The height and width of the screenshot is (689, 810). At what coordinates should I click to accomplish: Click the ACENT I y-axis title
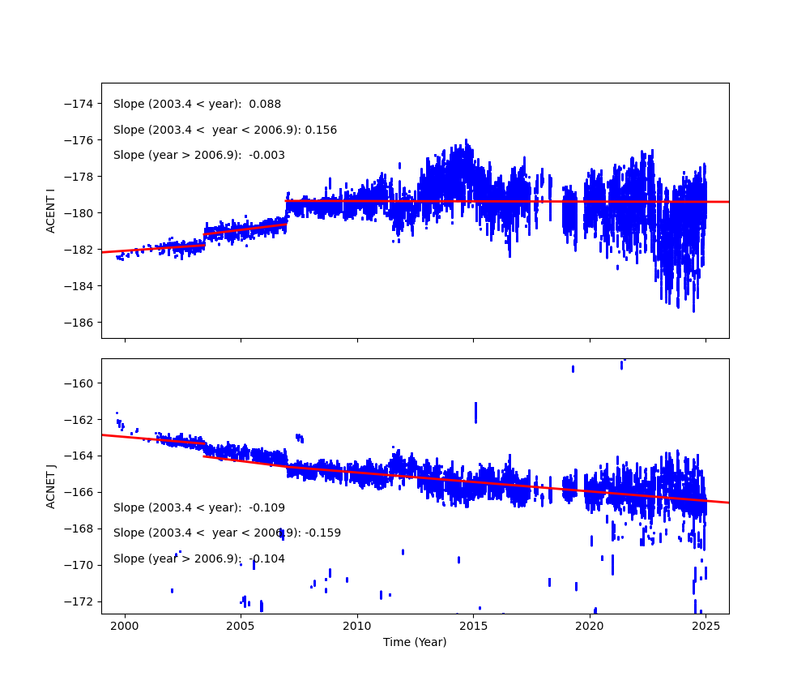coord(50,211)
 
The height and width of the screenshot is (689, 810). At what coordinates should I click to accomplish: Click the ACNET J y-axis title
coord(50,486)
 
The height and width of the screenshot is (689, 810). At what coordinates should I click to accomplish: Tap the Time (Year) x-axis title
coord(415,642)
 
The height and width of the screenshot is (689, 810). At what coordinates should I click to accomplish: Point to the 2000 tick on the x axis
coord(125,626)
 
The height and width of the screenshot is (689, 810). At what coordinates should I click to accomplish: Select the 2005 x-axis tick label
coord(241,626)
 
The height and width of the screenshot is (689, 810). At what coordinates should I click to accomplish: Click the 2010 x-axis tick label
coord(357,626)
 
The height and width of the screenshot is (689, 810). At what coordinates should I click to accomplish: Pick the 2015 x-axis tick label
coord(473,626)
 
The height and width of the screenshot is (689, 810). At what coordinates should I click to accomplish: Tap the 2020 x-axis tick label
coord(590,626)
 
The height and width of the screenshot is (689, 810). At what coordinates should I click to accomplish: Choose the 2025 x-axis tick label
coord(706,626)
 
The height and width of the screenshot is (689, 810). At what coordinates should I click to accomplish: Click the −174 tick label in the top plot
coord(81,104)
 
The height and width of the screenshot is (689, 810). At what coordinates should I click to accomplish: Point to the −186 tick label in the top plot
coord(81,322)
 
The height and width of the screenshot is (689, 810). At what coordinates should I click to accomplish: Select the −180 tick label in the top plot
coord(81,213)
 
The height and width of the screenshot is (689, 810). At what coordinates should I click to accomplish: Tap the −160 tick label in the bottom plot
coord(81,383)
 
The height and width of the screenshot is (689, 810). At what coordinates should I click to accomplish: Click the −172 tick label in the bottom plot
coord(81,601)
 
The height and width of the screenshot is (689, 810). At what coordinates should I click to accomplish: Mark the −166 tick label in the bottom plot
coord(81,492)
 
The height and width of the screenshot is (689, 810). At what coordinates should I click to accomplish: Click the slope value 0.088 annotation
coord(265,105)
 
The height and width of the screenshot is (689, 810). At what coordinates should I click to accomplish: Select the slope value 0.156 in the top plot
coord(321,130)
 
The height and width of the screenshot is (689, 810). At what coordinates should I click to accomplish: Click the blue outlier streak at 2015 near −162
coord(475,412)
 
